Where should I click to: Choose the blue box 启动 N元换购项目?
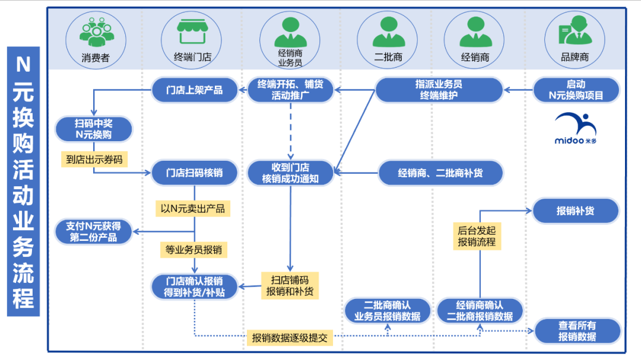pyautogui.click(x=576, y=90)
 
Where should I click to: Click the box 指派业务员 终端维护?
pyautogui.click(x=439, y=90)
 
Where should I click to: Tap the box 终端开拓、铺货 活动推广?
pyautogui.click(x=290, y=90)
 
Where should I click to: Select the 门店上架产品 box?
pyautogui.click(x=194, y=90)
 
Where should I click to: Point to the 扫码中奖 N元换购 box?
pyautogui.click(x=94, y=129)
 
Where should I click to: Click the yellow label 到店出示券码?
pyautogui.click(x=94, y=159)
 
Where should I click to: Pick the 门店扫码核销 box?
pyautogui.click(x=194, y=173)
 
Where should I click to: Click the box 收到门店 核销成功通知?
pyautogui.click(x=290, y=173)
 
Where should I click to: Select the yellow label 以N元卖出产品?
pyautogui.click(x=192, y=209)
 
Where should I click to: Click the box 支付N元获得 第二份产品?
pyautogui.click(x=93, y=232)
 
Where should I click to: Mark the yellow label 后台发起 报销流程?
pyautogui.click(x=477, y=236)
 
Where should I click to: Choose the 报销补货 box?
pyautogui.click(x=575, y=211)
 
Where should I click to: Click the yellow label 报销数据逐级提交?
pyautogui.click(x=290, y=338)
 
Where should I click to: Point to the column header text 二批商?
pyautogui.click(x=388, y=58)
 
